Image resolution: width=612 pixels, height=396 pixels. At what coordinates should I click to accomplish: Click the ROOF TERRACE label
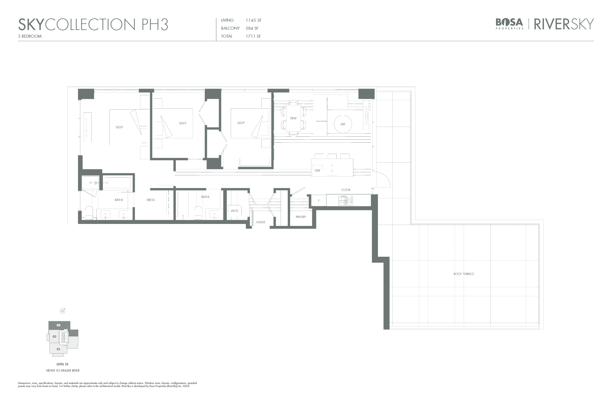point(464,274)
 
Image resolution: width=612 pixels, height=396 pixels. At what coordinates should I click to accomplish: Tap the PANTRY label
point(301,217)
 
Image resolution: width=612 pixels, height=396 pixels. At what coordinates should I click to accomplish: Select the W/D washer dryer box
point(234,211)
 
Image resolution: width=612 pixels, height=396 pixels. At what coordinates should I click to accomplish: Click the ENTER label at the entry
point(261,222)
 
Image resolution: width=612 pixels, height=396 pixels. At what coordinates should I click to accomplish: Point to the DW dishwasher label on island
point(317,171)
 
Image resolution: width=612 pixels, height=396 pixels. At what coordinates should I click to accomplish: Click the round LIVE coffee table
point(343,124)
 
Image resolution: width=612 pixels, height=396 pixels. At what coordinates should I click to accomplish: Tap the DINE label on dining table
point(293,118)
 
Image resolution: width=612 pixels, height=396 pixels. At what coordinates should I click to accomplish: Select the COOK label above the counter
point(346,190)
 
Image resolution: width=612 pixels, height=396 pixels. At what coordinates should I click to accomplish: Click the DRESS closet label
point(151,200)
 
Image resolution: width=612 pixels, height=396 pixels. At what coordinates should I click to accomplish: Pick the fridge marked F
point(319,200)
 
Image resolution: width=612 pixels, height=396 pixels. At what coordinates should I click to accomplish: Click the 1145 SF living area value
point(253,20)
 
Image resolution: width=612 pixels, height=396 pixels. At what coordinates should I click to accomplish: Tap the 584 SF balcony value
point(252,28)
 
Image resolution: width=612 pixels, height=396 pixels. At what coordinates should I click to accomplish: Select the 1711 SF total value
point(253,36)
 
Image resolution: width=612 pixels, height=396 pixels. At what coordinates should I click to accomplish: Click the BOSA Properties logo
point(509,23)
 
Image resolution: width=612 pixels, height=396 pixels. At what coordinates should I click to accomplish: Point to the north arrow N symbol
point(62,311)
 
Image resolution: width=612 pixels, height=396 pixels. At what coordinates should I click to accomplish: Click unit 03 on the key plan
point(59,325)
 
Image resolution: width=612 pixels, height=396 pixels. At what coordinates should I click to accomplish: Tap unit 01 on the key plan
point(58,349)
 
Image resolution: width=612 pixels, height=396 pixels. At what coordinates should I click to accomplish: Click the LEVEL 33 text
point(62,364)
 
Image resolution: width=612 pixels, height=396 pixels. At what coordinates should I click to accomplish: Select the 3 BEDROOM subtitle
point(30,36)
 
